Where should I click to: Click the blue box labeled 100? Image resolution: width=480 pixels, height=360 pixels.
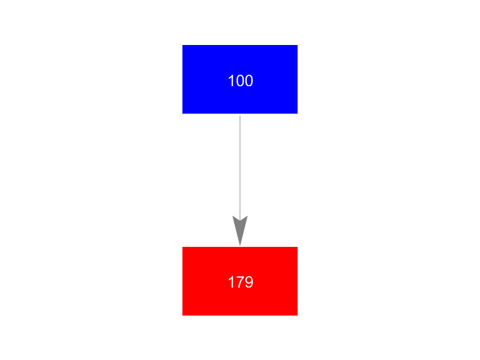240,79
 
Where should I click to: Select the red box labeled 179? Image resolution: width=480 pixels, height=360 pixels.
240,281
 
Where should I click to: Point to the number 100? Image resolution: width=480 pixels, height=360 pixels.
241,81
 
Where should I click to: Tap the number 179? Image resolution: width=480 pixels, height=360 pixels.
241,282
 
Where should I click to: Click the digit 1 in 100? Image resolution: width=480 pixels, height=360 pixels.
231,81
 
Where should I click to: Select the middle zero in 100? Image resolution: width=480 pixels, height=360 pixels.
241,81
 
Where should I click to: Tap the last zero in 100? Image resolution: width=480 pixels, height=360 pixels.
249,81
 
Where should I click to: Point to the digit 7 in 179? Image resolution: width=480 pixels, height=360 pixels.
240,282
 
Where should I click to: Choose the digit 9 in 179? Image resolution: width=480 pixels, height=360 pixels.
249,282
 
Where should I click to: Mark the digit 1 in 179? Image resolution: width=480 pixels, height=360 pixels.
231,282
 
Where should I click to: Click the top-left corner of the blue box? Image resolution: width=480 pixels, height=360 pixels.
183,45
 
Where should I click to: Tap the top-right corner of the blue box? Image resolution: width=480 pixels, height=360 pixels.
297,45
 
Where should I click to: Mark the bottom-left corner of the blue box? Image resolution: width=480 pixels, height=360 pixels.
183,114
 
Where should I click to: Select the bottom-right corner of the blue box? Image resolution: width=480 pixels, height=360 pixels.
297,114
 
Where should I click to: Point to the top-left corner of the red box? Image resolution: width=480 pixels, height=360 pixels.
183,247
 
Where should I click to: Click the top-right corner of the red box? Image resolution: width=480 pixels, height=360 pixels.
297,247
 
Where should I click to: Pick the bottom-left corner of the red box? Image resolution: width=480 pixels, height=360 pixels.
183,316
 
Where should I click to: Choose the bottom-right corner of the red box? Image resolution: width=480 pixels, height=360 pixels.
297,316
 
